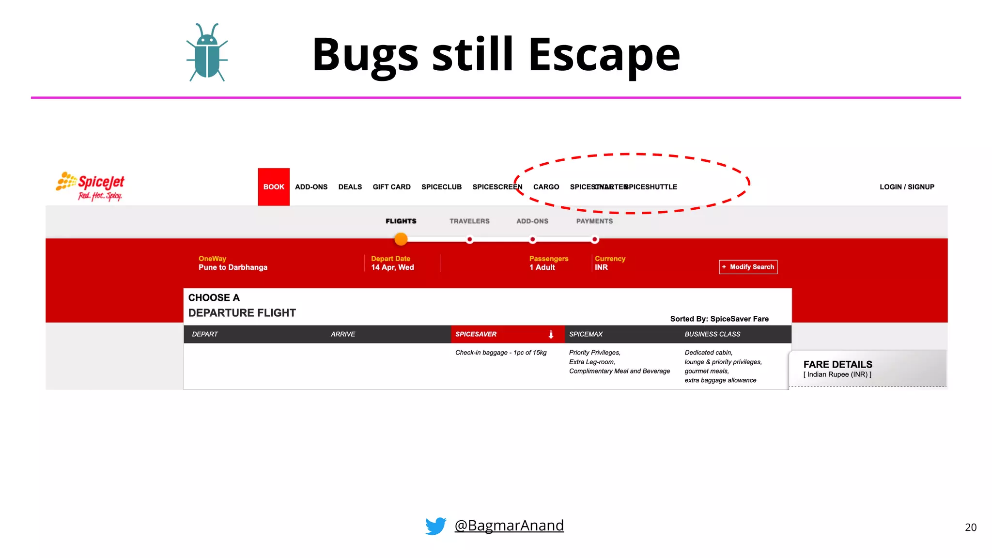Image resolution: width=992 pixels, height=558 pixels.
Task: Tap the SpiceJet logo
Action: pos(91,186)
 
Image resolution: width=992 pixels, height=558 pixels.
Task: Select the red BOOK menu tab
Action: pos(274,187)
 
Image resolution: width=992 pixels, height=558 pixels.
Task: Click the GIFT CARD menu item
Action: pos(391,187)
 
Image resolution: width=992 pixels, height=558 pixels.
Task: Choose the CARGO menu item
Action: pos(546,187)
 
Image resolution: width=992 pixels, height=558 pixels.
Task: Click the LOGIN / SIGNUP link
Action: pos(907,187)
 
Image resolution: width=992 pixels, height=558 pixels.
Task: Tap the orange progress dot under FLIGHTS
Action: pos(401,239)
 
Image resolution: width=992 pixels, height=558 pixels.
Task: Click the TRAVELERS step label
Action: pos(469,221)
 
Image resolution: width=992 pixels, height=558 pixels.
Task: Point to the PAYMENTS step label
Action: pos(594,221)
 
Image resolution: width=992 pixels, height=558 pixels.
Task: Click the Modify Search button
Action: pos(748,267)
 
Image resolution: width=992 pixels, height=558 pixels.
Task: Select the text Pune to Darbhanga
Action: pos(233,267)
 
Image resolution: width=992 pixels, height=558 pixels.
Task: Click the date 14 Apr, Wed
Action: pos(392,267)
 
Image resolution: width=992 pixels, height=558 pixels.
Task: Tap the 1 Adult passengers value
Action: pos(542,267)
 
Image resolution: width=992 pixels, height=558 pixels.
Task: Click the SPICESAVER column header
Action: pos(476,334)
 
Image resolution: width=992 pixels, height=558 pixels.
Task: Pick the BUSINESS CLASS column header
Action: pos(712,334)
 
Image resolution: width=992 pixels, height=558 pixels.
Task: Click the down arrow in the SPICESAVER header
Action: pos(551,334)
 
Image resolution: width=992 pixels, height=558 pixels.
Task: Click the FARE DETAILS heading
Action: pos(837,364)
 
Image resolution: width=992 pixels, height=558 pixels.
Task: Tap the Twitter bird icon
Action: pos(435,526)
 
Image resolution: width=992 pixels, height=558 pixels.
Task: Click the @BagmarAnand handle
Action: pos(509,526)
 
